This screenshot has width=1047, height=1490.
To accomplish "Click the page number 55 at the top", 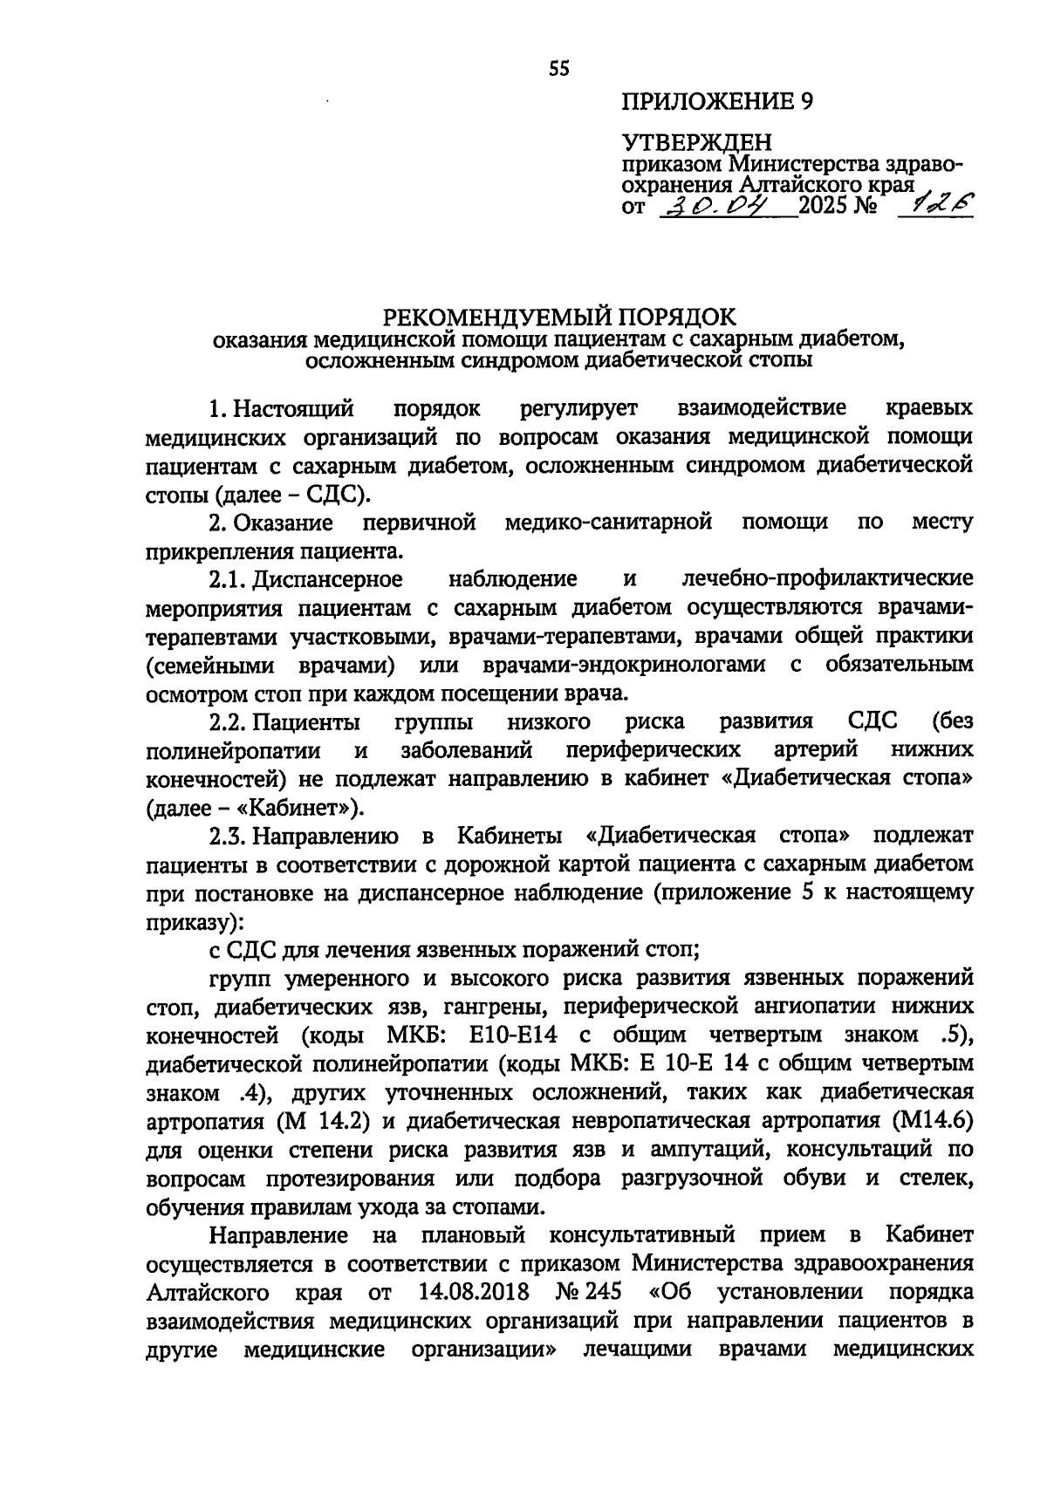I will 559,68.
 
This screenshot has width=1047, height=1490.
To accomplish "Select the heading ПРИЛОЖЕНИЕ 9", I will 716,101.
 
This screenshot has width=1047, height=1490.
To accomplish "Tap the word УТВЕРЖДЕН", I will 696,141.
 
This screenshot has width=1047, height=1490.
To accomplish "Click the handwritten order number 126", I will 937,204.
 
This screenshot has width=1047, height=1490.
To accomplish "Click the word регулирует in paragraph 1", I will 578,408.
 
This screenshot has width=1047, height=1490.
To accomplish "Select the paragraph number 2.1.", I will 229,579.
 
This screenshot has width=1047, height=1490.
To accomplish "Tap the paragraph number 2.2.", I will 229,722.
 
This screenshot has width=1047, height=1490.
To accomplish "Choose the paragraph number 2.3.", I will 229,836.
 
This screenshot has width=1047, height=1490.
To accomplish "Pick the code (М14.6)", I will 932,1121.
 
